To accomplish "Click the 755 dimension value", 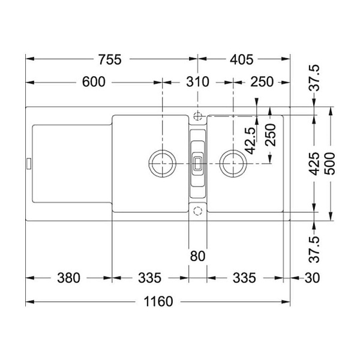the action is [x=110, y=59].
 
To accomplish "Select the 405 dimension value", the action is [x=242, y=59].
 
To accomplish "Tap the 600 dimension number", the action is [x=94, y=82].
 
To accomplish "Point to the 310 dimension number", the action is [x=197, y=82].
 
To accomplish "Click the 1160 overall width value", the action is [x=158, y=301].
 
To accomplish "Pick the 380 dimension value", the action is [x=68, y=278].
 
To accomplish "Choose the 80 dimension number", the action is [x=197, y=256].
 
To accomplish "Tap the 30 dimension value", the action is [x=312, y=278].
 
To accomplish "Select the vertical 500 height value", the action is [x=331, y=164].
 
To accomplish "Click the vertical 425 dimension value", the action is [x=314, y=164].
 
